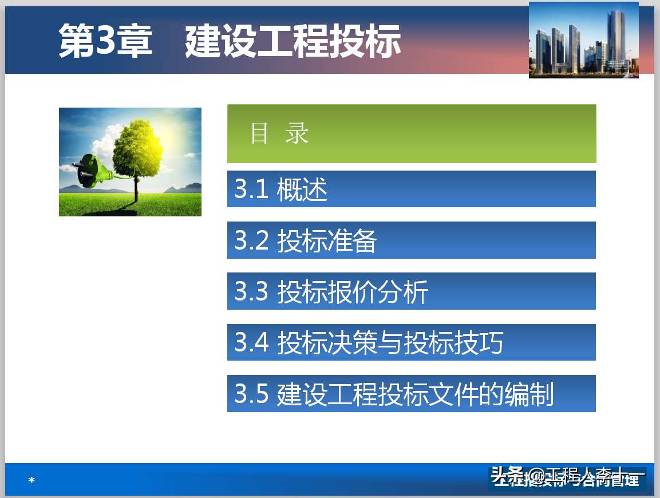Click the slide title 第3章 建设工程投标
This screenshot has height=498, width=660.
tap(230, 41)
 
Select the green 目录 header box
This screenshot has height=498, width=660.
tap(411, 133)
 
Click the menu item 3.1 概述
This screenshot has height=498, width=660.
tap(411, 189)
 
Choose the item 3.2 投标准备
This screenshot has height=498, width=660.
tap(411, 240)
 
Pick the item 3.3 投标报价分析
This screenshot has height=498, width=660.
tap(411, 291)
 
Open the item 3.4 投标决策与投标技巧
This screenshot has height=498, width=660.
tap(411, 342)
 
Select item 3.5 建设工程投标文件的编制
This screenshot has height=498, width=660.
tap(411, 394)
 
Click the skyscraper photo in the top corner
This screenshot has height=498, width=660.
tap(583, 40)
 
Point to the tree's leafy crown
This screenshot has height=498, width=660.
tap(137, 146)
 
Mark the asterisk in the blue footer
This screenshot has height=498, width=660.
tap(31, 480)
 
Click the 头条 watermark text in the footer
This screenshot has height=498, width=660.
tap(507, 475)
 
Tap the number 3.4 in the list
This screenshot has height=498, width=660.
tap(251, 342)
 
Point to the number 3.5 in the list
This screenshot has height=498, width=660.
tap(251, 394)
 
